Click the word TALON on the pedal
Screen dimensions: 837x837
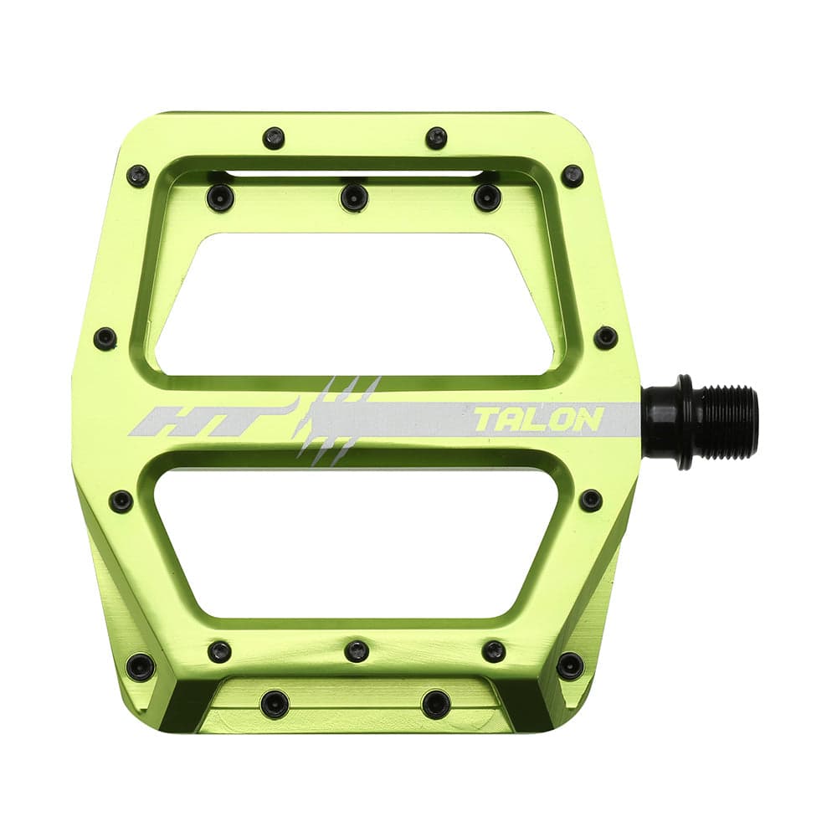[538, 419]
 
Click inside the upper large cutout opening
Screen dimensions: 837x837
[356, 301]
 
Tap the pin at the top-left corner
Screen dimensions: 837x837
[138, 176]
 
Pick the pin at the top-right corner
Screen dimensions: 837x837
[573, 176]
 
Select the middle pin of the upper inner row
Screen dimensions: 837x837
[354, 198]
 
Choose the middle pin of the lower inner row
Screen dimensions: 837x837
[357, 650]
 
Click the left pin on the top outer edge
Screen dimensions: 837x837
[274, 138]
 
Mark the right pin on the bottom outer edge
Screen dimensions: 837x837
[436, 703]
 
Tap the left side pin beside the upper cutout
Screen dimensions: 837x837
[105, 338]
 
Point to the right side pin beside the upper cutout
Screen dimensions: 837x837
[605, 337]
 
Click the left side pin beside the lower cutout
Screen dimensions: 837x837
[121, 501]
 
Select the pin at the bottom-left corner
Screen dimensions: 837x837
[140, 667]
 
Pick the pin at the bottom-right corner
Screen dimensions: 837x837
[571, 666]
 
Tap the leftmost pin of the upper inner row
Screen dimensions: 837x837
[220, 198]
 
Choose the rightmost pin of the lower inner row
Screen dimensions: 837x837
[494, 651]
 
